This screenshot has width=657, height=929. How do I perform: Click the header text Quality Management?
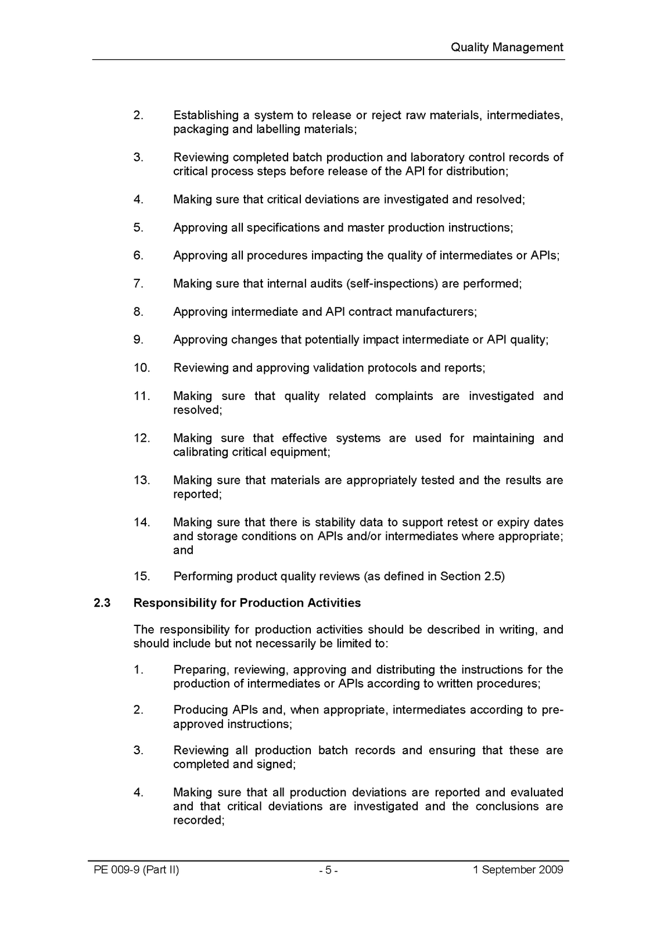(507, 48)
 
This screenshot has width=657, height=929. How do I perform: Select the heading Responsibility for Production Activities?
(247, 603)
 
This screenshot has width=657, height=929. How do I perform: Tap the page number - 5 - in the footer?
(328, 870)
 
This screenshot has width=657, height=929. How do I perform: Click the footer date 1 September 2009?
(518, 870)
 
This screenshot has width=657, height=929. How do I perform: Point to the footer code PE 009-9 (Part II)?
(136, 870)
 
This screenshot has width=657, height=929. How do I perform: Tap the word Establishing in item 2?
(206, 116)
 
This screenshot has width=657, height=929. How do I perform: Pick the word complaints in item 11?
(404, 396)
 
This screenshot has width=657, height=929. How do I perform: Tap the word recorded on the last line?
(197, 820)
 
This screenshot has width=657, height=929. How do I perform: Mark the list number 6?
(138, 255)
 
